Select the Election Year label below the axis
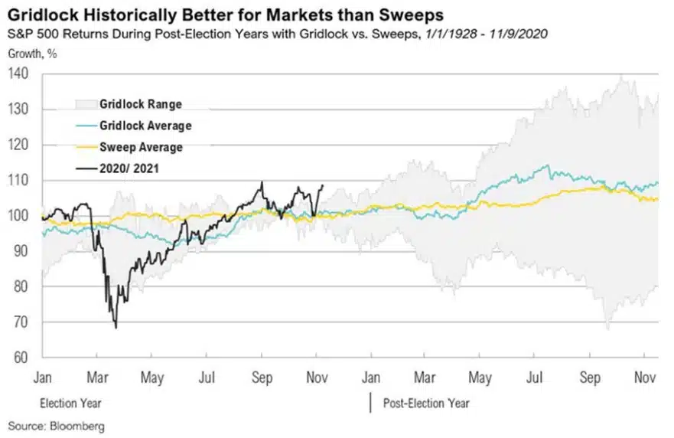pyautogui.click(x=70, y=403)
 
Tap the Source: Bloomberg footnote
pyautogui.click(x=57, y=425)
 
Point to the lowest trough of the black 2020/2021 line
pyautogui.click(x=116, y=328)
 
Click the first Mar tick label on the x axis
pyautogui.click(x=96, y=377)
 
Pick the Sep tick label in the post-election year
pyautogui.click(x=590, y=377)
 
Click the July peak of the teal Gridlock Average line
pyautogui.click(x=545, y=165)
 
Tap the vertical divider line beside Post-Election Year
pyautogui.click(x=371, y=403)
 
